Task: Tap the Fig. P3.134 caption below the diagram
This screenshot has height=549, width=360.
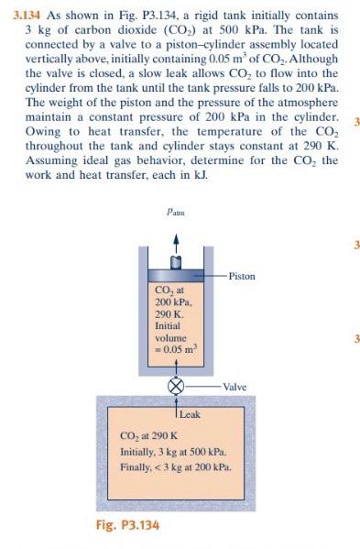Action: click(x=127, y=525)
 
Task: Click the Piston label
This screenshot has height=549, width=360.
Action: click(x=242, y=275)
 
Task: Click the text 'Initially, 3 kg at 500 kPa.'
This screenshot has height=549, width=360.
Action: click(x=176, y=451)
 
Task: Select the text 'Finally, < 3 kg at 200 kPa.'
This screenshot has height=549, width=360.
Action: click(x=176, y=467)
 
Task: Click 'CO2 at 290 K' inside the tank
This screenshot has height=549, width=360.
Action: click(x=148, y=435)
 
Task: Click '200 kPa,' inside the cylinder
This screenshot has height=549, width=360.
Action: click(x=171, y=302)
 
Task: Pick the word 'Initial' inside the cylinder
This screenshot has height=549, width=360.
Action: click(x=168, y=325)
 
